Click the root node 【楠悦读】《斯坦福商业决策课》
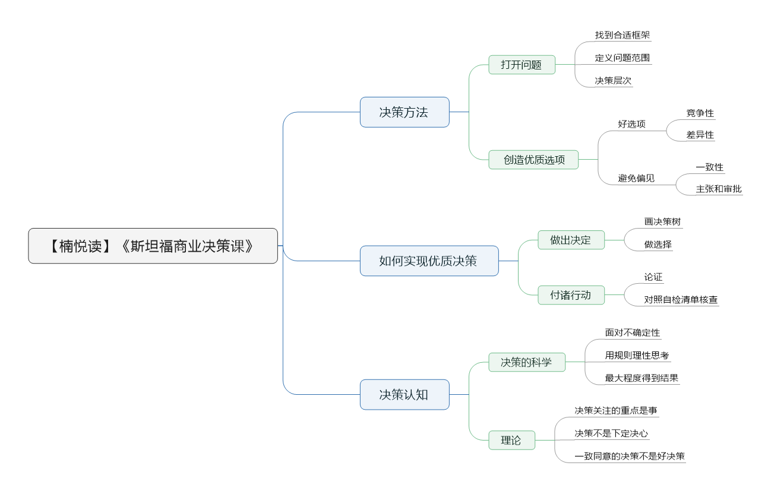pos(153,246)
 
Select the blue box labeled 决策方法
pos(405,112)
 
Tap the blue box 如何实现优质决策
pos(429,261)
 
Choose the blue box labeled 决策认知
pos(405,395)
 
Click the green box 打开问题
pos(522,65)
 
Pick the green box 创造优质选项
pos(533,160)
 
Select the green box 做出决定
pos(571,240)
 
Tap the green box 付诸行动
pos(571,295)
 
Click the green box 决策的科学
pos(527,362)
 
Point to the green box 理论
pos(512,440)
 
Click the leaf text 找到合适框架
pos(623,35)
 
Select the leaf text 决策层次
pos(613,81)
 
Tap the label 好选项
pos(631,124)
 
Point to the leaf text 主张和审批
pos(719,189)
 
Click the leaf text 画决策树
pos(662,221)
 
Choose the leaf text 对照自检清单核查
pos(681,300)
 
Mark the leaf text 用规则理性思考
pos(637,356)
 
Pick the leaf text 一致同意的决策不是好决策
pos(630,456)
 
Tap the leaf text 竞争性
pos(700,113)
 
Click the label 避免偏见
pos(636,178)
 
